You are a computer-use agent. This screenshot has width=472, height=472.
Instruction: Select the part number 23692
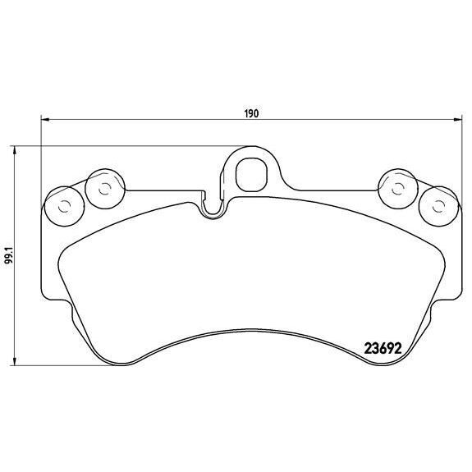click(382, 346)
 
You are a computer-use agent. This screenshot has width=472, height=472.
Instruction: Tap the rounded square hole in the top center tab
click(250, 173)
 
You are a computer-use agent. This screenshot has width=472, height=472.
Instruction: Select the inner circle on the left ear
click(103, 188)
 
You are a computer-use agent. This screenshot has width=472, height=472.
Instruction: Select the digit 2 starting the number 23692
click(367, 346)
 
